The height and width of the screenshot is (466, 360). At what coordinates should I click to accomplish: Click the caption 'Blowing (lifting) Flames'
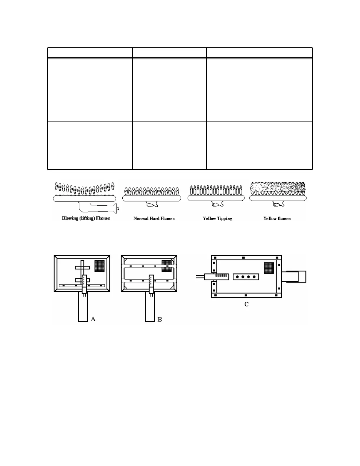pyautogui.click(x=86, y=218)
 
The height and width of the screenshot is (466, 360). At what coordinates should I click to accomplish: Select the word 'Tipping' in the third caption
pyautogui.click(x=225, y=219)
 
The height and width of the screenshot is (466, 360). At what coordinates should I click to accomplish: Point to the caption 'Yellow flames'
pyautogui.click(x=277, y=219)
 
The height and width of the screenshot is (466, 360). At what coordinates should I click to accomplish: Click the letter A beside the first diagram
pyautogui.click(x=93, y=319)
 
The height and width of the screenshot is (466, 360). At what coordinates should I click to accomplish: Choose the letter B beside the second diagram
pyautogui.click(x=160, y=319)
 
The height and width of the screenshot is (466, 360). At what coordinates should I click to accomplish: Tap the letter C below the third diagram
pyautogui.click(x=246, y=304)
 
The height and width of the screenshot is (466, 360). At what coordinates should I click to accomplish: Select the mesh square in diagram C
pyautogui.click(x=269, y=268)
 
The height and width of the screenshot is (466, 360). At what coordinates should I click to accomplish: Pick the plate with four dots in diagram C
pyautogui.click(x=246, y=277)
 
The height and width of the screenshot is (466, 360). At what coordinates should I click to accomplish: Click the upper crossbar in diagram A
pyautogui.click(x=82, y=268)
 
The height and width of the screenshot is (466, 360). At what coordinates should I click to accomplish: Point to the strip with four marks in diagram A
pyautogui.click(x=82, y=285)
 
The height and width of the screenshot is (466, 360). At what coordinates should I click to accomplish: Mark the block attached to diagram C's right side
pyautogui.click(x=294, y=277)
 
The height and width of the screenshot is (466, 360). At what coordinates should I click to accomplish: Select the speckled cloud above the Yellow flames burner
pyautogui.click(x=278, y=187)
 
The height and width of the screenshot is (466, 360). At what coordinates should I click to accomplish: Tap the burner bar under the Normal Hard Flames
pyautogui.click(x=151, y=198)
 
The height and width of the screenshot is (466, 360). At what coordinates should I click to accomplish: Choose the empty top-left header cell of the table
pyautogui.click(x=90, y=53)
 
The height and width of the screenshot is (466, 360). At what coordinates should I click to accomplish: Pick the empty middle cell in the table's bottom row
pyautogui.click(x=169, y=146)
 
